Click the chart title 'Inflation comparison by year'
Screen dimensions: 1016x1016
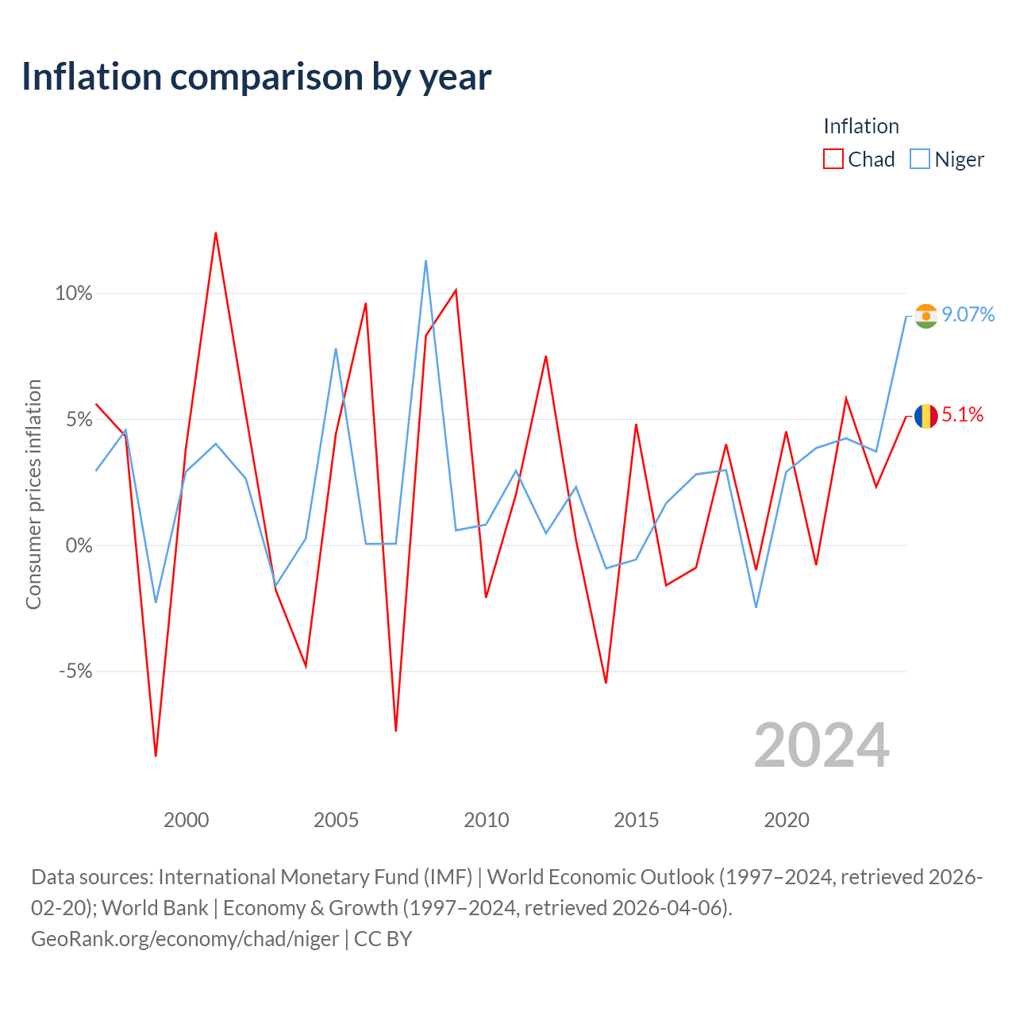coord(256,77)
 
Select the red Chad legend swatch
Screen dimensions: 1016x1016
coord(833,160)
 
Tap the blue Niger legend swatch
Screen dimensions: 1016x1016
coord(919,160)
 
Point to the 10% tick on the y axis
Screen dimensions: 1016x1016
coord(73,293)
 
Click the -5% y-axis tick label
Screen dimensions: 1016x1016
coord(75,672)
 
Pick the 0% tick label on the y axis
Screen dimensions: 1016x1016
coord(79,545)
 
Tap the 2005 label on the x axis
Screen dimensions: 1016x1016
coord(336,821)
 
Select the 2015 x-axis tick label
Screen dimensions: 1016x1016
coord(636,821)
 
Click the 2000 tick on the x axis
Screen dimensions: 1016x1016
coord(186,821)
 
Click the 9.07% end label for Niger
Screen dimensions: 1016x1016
coord(968,315)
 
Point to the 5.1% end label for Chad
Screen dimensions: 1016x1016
coord(962,415)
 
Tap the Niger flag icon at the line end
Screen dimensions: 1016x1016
coord(926,317)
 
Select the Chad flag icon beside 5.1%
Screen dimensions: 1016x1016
coord(926,417)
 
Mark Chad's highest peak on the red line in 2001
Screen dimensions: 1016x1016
coord(216,233)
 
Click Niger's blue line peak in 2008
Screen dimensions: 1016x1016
coord(425,261)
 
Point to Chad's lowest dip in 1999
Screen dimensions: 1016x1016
coord(156,756)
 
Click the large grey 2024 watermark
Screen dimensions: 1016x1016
coord(822,745)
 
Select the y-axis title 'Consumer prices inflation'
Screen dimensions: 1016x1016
coord(34,495)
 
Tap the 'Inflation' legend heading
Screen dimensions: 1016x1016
coord(861,126)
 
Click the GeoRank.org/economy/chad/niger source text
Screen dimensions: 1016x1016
coord(184,939)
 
